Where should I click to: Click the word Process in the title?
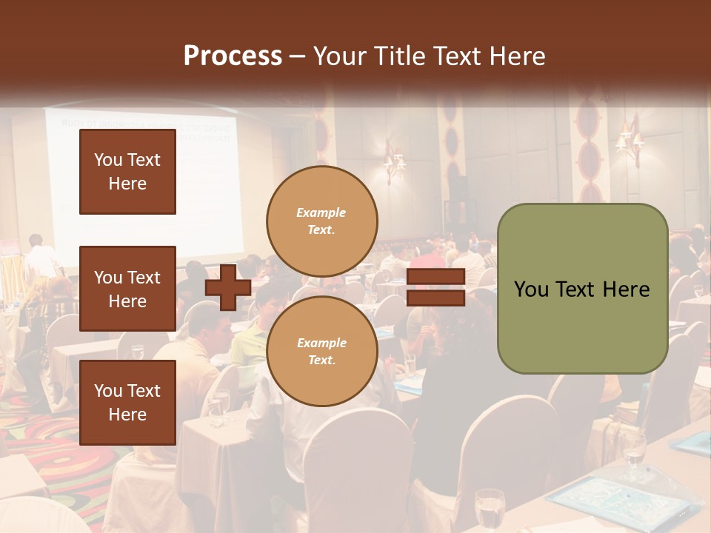233,56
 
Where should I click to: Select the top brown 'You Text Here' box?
127,172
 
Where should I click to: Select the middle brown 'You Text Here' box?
127,289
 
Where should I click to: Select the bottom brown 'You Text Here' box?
127,402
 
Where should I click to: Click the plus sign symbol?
227,288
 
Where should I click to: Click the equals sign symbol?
435,288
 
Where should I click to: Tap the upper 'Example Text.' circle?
321,221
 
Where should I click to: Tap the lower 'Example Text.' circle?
321,352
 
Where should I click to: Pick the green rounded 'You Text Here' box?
582,289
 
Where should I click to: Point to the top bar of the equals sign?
435,277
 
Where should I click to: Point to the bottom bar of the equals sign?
435,298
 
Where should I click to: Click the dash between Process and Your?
297,57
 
